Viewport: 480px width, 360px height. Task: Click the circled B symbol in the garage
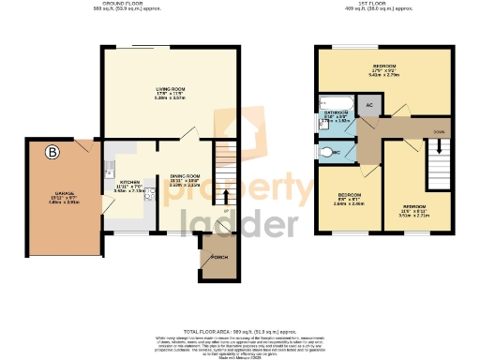[52, 151]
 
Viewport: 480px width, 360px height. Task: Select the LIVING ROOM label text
[171, 90]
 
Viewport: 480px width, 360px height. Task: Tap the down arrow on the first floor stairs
[438, 147]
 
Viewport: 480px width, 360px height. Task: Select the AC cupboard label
[369, 106]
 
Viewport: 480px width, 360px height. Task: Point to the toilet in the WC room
[325, 151]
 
